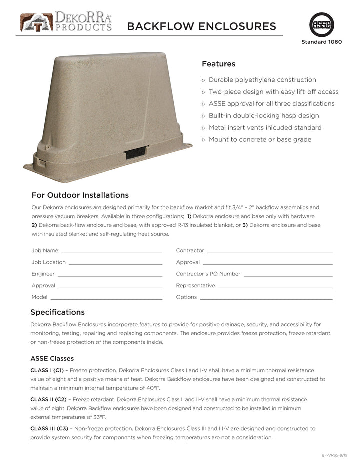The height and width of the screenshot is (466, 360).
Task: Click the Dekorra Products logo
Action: (x=65, y=22)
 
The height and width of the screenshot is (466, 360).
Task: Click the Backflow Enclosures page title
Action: (x=201, y=26)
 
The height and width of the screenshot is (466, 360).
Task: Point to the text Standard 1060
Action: (x=321, y=42)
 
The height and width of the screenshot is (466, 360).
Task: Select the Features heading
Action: (x=218, y=64)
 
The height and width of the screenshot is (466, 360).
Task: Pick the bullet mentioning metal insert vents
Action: (x=265, y=128)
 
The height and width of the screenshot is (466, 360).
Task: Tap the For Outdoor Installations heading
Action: (x=80, y=195)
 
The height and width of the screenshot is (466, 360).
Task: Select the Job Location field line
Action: (x=115, y=264)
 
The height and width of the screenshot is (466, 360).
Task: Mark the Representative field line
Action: (x=275, y=287)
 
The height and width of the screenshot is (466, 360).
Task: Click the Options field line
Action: (x=266, y=299)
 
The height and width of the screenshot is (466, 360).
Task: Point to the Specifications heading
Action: (x=57, y=312)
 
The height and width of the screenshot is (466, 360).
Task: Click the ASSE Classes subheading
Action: (x=52, y=359)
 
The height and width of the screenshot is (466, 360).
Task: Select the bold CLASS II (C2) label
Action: (x=48, y=400)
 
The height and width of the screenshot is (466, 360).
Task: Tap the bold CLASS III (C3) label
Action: (x=49, y=429)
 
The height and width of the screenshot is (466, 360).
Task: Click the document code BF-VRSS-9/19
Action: (x=334, y=455)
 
